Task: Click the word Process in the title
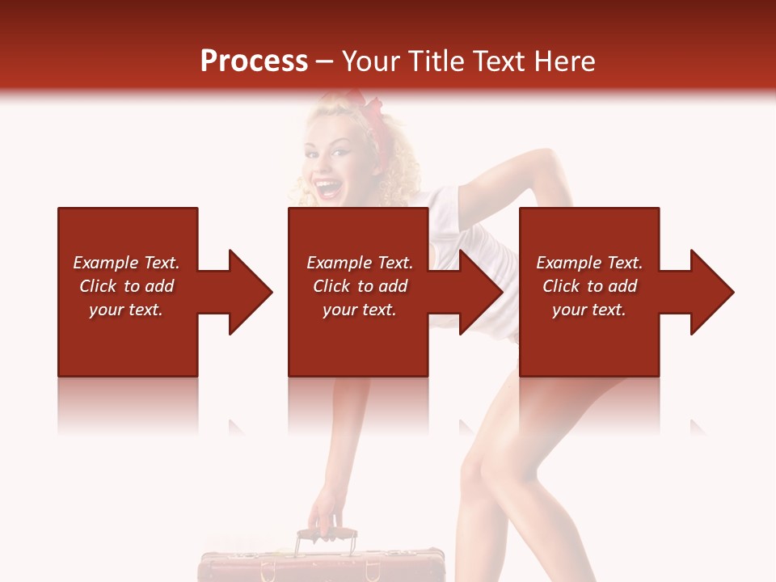[x=254, y=61]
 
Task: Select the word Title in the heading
[x=436, y=61]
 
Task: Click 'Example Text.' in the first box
[x=126, y=263]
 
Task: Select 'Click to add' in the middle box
[x=360, y=286]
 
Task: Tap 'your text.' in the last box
[x=588, y=310]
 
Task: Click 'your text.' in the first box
[x=126, y=310]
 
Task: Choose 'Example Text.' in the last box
[x=589, y=263]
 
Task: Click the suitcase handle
[x=327, y=534]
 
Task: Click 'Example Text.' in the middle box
[x=360, y=263]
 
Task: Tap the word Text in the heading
[x=496, y=61]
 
